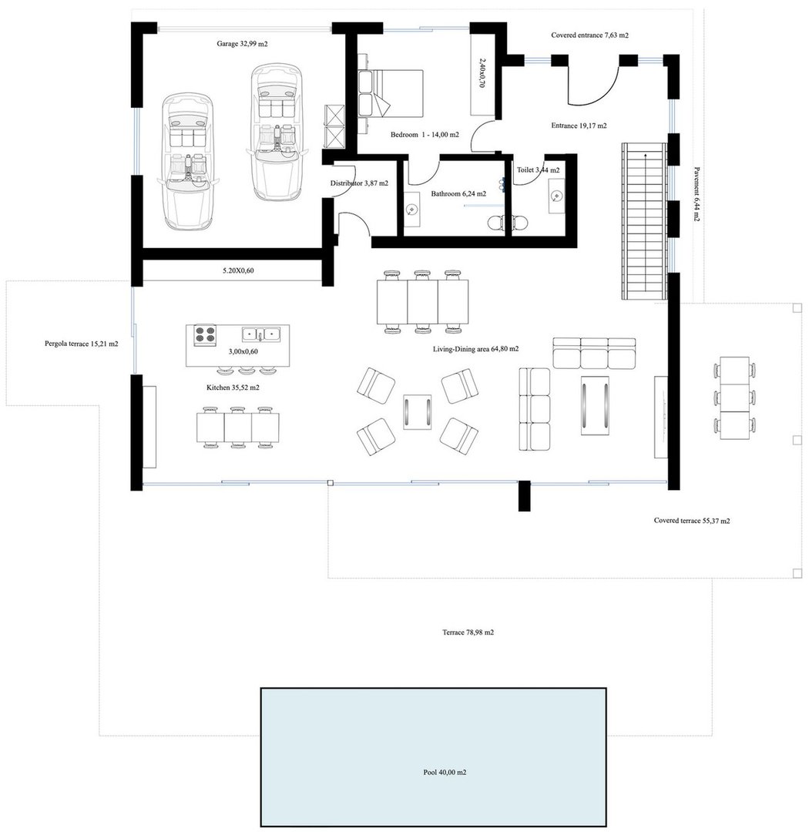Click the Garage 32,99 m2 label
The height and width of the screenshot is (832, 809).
pos(242,44)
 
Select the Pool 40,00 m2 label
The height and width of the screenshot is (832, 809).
pos(445,772)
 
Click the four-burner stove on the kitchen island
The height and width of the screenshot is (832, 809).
pos(205,335)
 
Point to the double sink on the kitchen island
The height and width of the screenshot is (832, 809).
pos(261,334)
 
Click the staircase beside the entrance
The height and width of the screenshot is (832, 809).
pos(644,221)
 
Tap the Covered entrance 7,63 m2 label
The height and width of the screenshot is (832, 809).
pos(589,35)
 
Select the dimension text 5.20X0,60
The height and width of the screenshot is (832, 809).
pos(238,270)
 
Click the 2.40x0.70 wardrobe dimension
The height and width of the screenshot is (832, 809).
pos(482,72)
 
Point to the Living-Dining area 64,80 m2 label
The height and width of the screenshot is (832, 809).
pos(475,349)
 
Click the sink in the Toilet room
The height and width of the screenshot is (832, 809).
pos(556,196)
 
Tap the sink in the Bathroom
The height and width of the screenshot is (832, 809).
pos(412,210)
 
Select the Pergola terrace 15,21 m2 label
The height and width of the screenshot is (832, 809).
pos(81,344)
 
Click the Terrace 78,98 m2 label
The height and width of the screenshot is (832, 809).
pos(468,632)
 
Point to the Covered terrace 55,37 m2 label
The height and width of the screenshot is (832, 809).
pos(692,521)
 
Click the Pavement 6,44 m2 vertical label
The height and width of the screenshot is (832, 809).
pos(697,194)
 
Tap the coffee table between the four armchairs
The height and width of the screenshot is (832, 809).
pos(418,411)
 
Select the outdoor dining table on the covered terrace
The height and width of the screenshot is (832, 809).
pos(735,398)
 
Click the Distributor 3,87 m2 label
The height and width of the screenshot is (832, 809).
pos(359,183)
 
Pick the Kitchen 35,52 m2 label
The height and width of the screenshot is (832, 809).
pos(233,387)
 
